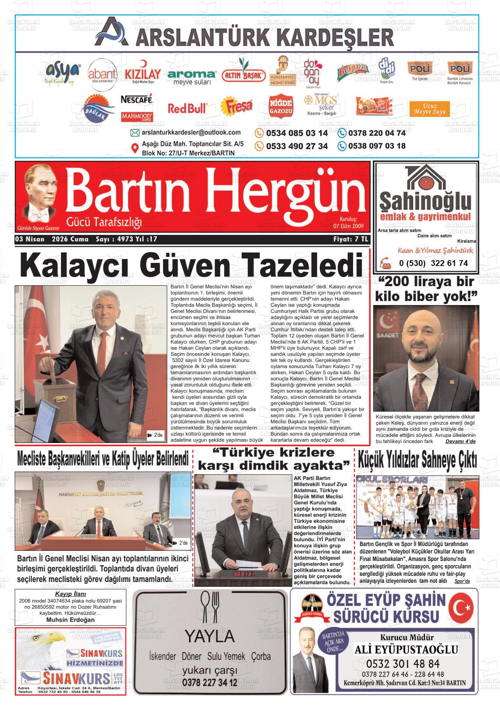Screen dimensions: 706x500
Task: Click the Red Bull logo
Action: (x=187, y=108)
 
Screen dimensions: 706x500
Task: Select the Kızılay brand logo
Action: (x=143, y=75)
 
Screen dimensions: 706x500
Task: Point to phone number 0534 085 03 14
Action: (x=297, y=133)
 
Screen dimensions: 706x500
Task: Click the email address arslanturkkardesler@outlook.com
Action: (x=191, y=132)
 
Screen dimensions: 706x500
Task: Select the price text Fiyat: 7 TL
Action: (x=351, y=240)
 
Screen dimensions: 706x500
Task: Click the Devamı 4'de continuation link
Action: (x=460, y=442)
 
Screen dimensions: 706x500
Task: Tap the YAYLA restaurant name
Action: (x=209, y=636)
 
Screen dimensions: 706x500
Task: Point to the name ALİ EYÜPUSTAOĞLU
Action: (x=406, y=649)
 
